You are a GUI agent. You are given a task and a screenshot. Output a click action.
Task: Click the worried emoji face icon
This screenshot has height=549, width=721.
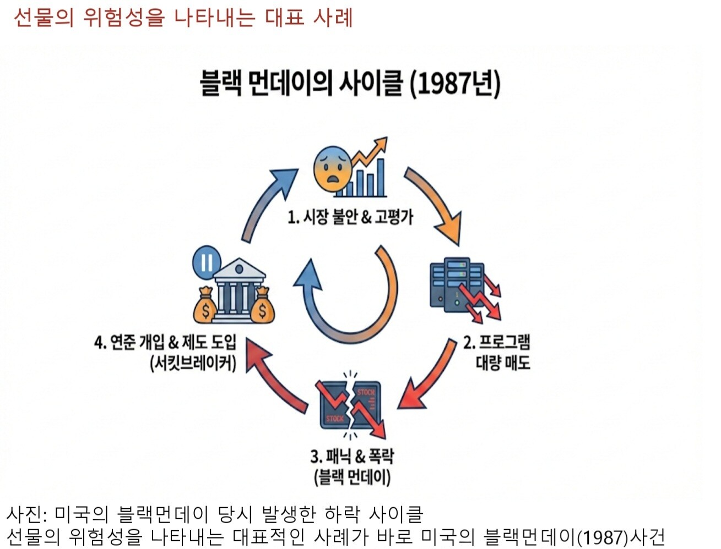332,169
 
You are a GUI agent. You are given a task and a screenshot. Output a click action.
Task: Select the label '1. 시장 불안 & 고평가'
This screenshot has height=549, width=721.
350,217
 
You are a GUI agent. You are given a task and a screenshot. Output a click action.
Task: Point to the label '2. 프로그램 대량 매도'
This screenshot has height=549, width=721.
497,352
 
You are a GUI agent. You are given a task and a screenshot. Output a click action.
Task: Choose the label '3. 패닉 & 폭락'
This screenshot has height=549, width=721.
352,457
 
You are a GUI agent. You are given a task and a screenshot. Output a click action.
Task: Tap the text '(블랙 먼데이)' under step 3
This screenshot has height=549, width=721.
352,476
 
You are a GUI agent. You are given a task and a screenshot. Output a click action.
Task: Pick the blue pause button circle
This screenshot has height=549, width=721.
207,262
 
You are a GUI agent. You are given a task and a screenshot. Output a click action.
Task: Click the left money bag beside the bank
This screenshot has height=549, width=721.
205,307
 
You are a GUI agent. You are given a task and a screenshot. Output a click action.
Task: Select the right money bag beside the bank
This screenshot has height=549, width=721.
262,307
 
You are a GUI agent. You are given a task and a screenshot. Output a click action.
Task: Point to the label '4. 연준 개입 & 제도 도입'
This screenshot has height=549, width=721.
165,343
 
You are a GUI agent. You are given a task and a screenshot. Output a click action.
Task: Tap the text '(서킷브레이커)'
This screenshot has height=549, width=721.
193,363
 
